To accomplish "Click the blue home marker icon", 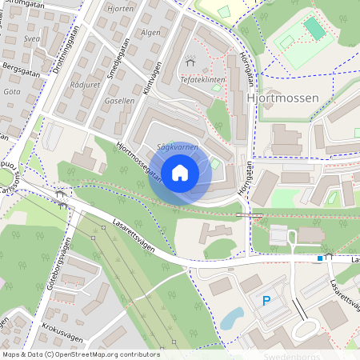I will point(180,172).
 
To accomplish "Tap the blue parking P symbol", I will point(266,301).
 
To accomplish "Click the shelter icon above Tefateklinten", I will point(190,61).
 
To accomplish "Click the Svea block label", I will point(31,38).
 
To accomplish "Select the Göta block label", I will point(12,92).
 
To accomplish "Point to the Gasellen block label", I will point(119,102).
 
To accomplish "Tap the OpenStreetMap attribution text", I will point(81,354).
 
